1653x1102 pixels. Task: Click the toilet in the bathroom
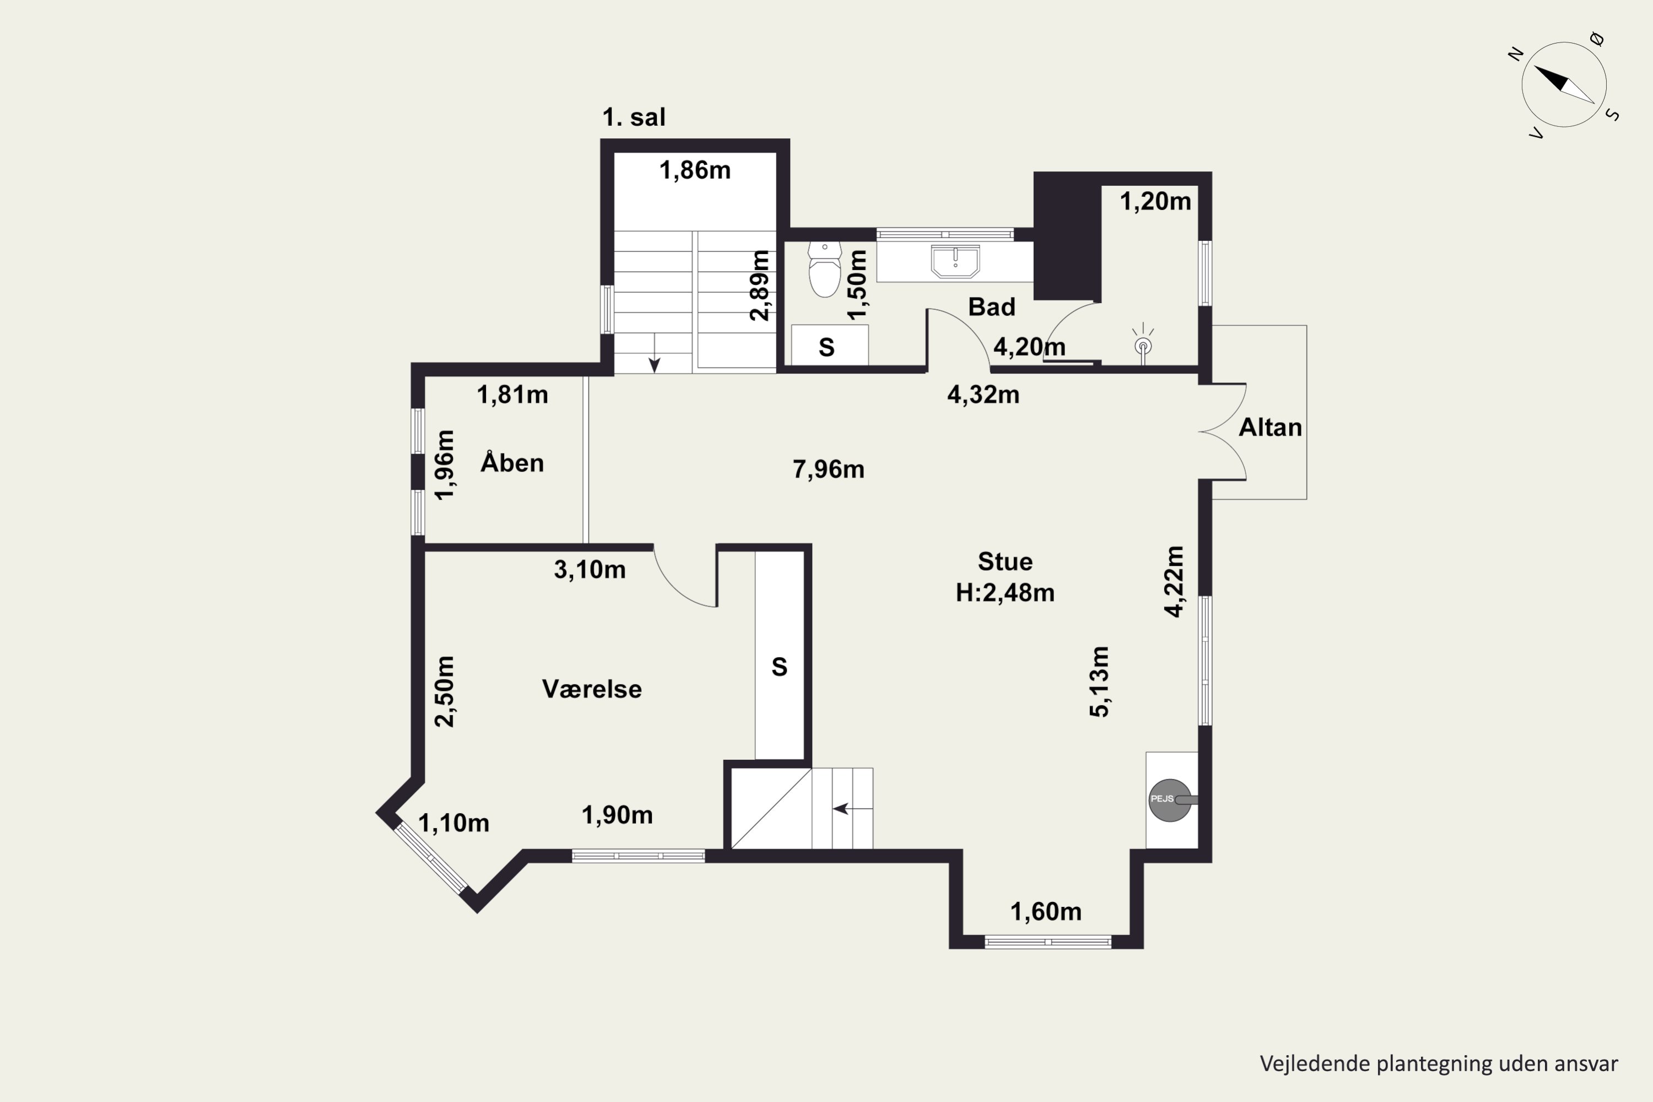824,269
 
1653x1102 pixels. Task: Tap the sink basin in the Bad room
955,261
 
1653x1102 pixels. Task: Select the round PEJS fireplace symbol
1171,800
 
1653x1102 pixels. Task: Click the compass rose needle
1564,84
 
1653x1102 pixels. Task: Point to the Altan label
1270,428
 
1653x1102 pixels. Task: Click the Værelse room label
592,689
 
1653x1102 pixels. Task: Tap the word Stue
1005,561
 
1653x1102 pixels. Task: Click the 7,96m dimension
829,469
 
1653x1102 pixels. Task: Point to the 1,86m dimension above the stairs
694,170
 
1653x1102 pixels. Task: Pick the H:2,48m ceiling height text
1005,592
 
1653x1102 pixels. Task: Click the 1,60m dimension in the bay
1046,911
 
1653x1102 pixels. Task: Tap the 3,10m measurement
590,569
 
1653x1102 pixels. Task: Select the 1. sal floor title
634,117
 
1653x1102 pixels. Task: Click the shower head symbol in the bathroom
1143,344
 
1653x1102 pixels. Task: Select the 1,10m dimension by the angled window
453,823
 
